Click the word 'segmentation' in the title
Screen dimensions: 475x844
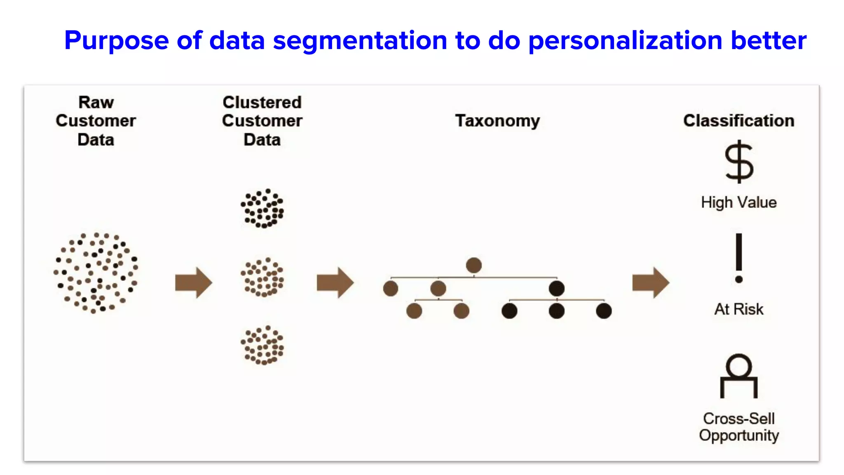(x=360, y=41)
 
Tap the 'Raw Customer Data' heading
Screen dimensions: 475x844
(x=96, y=121)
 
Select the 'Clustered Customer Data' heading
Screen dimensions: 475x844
(x=262, y=121)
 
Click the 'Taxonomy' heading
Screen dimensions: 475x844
(x=497, y=121)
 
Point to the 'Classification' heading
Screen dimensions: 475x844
(x=738, y=121)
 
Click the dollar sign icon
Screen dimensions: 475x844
(x=739, y=162)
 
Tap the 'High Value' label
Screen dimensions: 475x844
(x=738, y=202)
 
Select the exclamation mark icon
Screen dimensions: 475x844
(x=739, y=258)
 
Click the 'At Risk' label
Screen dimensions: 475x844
(x=738, y=309)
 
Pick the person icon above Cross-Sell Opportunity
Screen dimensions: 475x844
(x=738, y=375)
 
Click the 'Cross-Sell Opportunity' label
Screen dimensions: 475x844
(x=738, y=427)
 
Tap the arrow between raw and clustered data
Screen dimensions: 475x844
(x=193, y=283)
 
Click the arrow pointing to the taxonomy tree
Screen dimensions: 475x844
(x=335, y=283)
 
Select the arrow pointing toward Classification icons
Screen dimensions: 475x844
(x=651, y=283)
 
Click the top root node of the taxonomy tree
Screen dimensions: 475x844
(x=474, y=265)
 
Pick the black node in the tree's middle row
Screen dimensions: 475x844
(x=556, y=288)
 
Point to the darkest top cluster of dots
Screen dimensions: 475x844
(x=263, y=208)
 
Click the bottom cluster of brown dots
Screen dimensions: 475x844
(x=263, y=346)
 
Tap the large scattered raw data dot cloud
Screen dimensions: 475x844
(x=96, y=273)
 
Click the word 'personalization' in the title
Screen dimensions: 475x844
(x=625, y=41)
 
